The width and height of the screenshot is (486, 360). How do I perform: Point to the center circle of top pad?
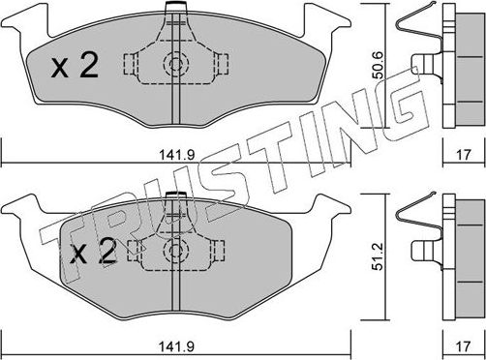(x=175, y=66)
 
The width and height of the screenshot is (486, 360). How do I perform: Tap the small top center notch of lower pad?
(x=174, y=199)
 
